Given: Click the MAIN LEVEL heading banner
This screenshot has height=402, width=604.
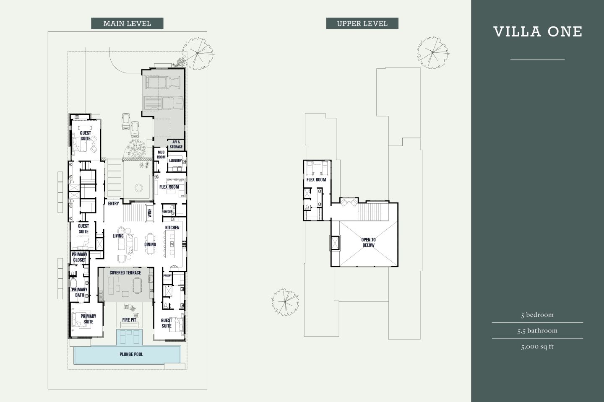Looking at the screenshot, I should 127,23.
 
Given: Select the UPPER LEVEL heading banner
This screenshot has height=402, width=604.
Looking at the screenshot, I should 362,23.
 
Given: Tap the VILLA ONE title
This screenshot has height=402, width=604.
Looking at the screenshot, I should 538,32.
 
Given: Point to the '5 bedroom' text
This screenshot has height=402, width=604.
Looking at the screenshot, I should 537,315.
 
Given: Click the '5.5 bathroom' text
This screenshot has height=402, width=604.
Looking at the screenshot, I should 537,331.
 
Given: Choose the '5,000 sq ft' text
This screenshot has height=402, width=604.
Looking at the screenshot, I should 537,347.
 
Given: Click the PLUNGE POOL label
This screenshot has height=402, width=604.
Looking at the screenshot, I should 131,354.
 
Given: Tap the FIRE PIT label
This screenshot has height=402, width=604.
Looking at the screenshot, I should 129,320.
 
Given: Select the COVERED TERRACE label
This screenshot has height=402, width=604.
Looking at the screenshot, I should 125,272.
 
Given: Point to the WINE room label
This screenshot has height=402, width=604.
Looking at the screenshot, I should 149,213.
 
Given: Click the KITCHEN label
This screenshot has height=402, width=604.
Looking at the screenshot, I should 172,228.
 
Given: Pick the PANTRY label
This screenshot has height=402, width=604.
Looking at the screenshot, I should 167,276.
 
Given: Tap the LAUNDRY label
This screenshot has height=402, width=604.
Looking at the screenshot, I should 175,161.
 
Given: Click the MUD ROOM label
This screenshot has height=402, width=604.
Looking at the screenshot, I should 161,155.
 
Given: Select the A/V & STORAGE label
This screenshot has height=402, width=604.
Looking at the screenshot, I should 176,145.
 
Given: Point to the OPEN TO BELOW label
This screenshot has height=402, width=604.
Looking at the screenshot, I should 368,242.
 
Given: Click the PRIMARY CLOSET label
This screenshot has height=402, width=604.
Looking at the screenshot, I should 79,257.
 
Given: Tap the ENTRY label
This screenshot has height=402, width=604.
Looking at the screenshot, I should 113,204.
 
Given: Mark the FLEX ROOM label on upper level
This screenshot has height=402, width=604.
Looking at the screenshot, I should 316,180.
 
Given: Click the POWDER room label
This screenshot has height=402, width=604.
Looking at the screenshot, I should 167,212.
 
